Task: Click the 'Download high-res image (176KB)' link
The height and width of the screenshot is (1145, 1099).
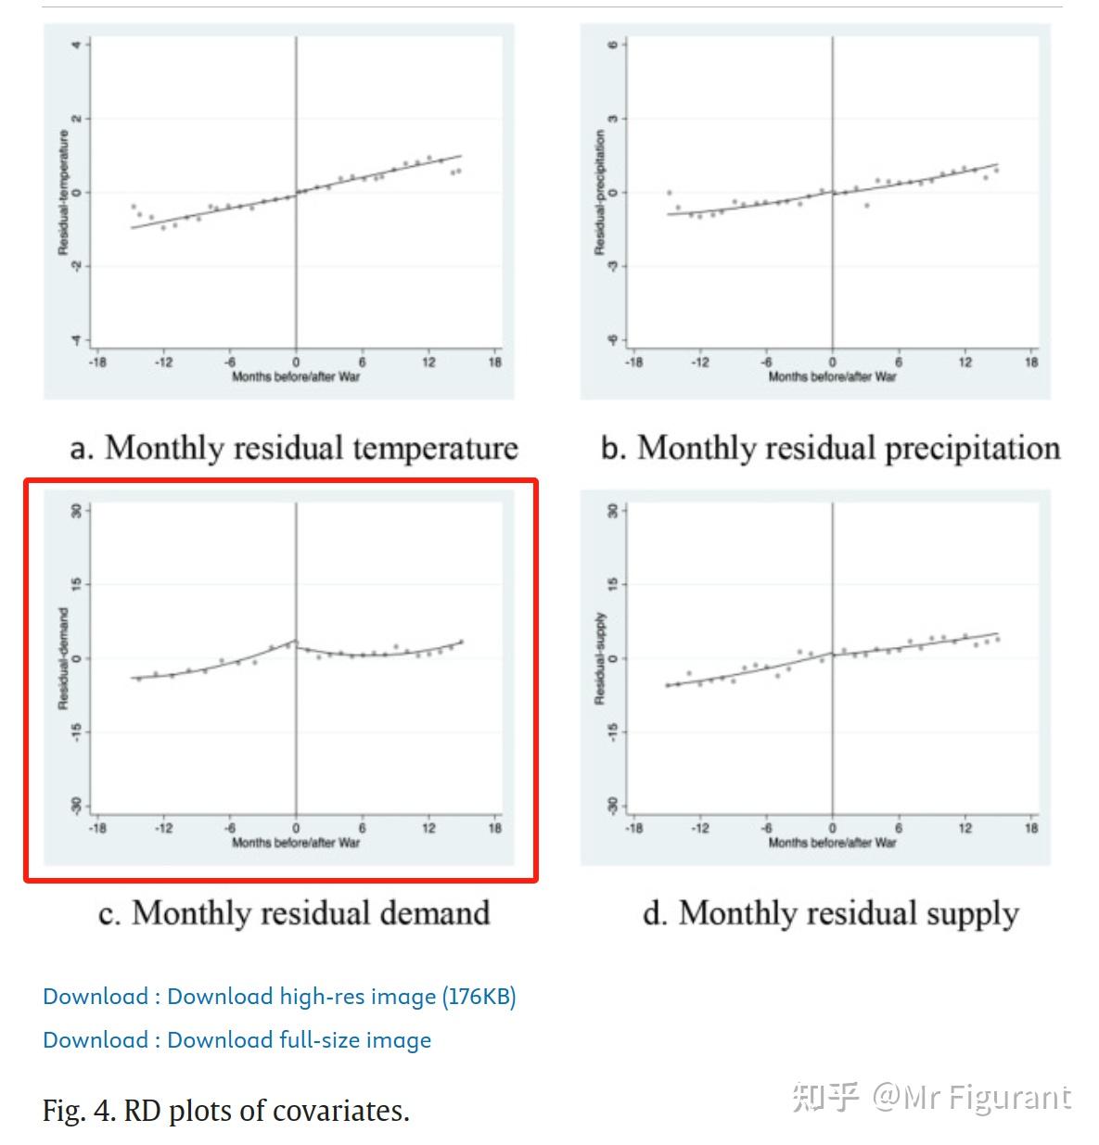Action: tap(279, 997)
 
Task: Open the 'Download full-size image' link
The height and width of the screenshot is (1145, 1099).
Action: tap(236, 1040)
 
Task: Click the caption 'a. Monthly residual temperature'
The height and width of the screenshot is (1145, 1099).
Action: tap(294, 448)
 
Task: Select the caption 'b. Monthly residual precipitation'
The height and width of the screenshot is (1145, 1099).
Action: tap(830, 448)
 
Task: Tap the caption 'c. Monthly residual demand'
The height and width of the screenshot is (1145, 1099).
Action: tap(294, 913)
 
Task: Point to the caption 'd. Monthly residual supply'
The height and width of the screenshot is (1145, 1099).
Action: tap(830, 913)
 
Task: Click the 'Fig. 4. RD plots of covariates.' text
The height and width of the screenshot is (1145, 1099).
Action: tap(225, 1110)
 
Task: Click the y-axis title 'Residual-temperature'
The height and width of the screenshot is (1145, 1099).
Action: tap(63, 192)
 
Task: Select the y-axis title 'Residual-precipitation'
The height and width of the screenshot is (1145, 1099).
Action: tap(599, 192)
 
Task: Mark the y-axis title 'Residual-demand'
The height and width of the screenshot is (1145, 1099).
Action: tap(63, 658)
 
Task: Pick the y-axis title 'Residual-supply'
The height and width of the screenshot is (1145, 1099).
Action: tap(599, 658)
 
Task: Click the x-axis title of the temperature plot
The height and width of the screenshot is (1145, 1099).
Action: tap(296, 376)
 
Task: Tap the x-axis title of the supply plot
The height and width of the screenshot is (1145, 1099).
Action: tap(832, 843)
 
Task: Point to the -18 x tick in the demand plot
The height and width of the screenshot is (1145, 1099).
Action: tap(96, 828)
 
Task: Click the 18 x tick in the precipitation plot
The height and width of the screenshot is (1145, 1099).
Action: tap(1031, 363)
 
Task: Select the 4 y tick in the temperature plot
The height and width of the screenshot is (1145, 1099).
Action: tap(76, 45)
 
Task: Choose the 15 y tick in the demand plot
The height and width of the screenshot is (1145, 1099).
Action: tap(76, 584)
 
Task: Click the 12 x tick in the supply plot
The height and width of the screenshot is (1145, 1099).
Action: tap(965, 828)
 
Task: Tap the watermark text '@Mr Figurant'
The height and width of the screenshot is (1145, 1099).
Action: tap(971, 1098)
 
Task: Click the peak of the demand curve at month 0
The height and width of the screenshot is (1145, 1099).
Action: tap(295, 641)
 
